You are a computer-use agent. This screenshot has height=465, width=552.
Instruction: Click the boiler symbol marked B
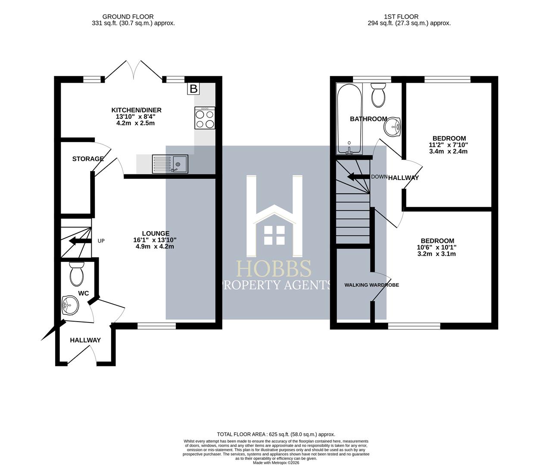coord(193,89)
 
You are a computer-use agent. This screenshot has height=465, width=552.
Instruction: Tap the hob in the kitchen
coord(205,118)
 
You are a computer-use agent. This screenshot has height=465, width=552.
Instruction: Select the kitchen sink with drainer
coord(170,164)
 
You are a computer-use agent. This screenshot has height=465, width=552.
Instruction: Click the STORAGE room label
coord(88,159)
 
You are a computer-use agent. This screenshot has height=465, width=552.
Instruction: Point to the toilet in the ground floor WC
coord(77,274)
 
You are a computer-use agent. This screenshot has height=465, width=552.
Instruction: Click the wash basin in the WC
coord(70,305)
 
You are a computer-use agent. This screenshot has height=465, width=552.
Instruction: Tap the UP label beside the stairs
coord(101,241)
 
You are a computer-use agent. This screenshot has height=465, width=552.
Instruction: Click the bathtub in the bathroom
coord(349,119)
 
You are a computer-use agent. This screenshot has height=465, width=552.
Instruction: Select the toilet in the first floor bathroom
coord(378,95)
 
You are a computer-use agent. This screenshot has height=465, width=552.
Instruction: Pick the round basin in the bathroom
coord(393,127)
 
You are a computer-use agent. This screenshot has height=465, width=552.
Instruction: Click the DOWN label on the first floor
coord(379,177)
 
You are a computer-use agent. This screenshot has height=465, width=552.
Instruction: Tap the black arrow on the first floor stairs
coord(358,177)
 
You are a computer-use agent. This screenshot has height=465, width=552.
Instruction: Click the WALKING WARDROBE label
coord(371,285)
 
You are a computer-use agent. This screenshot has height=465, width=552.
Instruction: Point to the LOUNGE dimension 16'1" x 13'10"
coord(155,240)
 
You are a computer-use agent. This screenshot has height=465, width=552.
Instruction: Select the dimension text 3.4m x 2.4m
coord(449,152)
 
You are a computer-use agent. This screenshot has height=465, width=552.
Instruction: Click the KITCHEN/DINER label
coord(136,110)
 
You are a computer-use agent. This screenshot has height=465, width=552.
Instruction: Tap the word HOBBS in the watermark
coord(274,268)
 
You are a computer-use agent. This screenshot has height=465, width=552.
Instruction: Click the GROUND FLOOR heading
coord(128,17)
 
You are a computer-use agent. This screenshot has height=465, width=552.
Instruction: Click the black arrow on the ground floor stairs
coord(80,241)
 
